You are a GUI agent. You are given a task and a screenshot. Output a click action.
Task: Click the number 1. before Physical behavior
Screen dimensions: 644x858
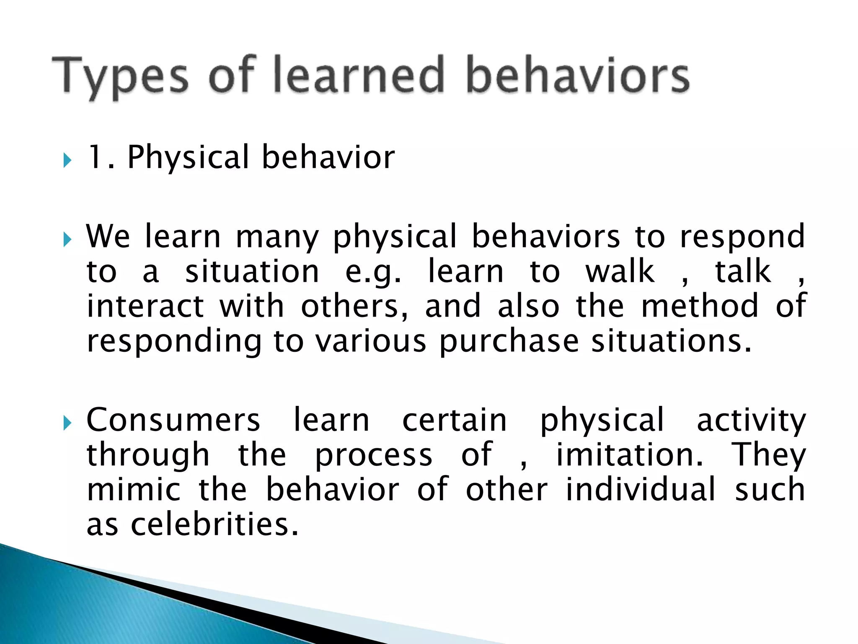(x=100, y=157)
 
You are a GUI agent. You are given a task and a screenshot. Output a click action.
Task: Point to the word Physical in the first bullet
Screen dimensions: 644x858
(x=188, y=157)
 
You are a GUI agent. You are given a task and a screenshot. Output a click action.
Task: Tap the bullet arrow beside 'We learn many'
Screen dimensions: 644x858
(x=67, y=240)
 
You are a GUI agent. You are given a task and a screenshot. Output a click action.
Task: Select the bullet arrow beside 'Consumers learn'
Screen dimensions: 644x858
(x=67, y=423)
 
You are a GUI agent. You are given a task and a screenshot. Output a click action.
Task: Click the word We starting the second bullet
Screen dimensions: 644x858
(x=108, y=236)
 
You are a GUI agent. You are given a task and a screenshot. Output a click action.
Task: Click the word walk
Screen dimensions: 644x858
(x=620, y=272)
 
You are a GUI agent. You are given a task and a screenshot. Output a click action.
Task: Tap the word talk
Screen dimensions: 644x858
(x=742, y=272)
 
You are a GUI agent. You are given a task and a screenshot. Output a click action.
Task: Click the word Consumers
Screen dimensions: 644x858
(x=173, y=420)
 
